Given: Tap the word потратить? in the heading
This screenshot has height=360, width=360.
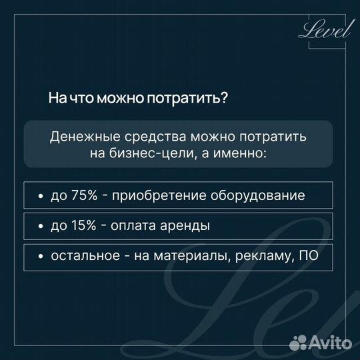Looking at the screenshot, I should pos(195,99).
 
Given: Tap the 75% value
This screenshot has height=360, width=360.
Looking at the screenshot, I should pos(83,196).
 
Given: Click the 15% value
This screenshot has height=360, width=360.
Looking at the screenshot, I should pos(83,226).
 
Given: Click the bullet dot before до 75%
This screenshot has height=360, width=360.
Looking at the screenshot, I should pos(41,197).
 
